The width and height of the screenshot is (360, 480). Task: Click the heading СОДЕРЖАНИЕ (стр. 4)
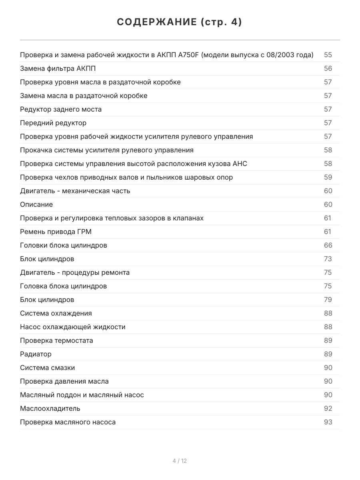pyautogui.click(x=180, y=22)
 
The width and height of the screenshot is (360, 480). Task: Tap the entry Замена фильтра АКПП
pyautogui.click(x=58, y=68)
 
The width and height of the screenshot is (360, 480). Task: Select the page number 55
pyautogui.click(x=328, y=55)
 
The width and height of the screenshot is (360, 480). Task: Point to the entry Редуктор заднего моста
pyautogui.click(x=61, y=109)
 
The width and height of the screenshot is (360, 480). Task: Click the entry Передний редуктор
pyautogui.click(x=53, y=123)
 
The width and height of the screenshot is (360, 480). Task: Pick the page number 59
pyautogui.click(x=328, y=177)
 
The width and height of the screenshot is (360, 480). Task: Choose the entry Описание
pyautogui.click(x=36, y=204)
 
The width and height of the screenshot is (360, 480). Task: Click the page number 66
pyautogui.click(x=328, y=245)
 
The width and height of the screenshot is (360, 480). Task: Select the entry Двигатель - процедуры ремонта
pyautogui.click(x=75, y=272)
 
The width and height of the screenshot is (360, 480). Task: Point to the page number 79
pyautogui.click(x=328, y=300)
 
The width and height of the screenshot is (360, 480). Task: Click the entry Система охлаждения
pyautogui.click(x=56, y=313)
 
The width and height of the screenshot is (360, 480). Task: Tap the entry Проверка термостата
pyautogui.click(x=56, y=340)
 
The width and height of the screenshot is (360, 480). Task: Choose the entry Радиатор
pyautogui.click(x=36, y=354)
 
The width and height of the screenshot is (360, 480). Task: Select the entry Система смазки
pyautogui.click(x=48, y=368)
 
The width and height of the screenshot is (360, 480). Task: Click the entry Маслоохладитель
pyautogui.click(x=50, y=408)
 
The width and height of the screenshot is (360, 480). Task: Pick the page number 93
pyautogui.click(x=328, y=422)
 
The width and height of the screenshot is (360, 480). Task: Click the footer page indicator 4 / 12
pyautogui.click(x=180, y=461)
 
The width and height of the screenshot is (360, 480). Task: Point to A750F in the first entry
pyautogui.click(x=188, y=55)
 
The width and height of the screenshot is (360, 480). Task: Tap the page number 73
pyautogui.click(x=328, y=259)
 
